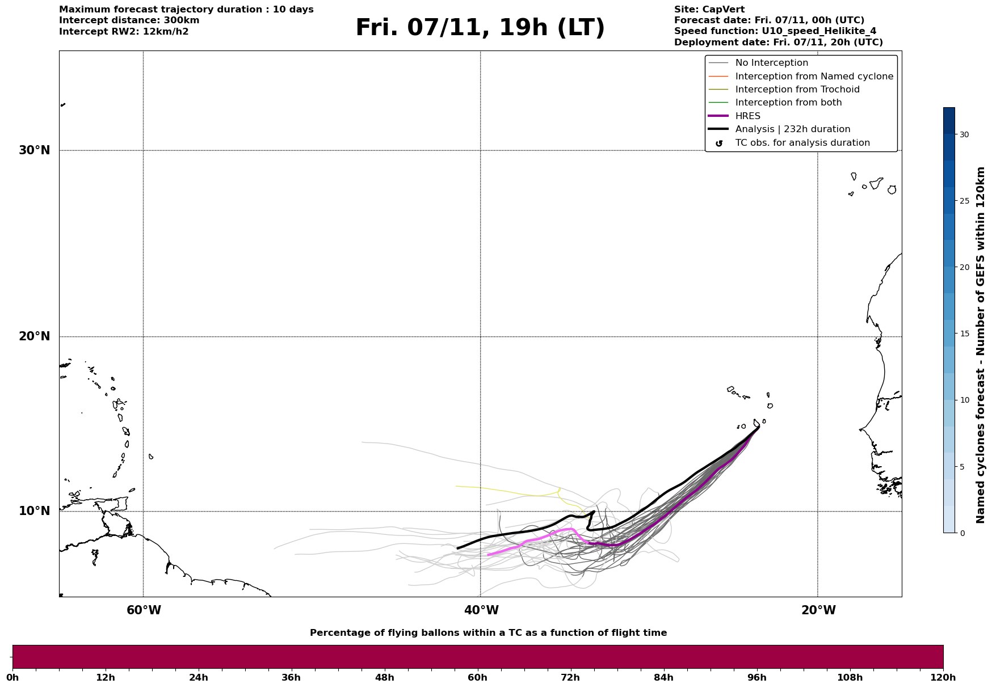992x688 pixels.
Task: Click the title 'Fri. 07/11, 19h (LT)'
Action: point(480,28)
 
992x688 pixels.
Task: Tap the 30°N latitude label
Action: point(35,150)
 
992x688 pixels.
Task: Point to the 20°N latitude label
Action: point(35,336)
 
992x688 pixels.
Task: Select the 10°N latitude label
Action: point(35,511)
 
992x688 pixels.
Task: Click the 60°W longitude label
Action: point(144,610)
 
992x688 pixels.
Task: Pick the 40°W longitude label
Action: point(481,610)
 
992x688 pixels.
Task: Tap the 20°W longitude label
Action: point(818,610)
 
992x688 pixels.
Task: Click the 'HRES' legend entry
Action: point(747,116)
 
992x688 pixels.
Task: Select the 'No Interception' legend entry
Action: point(771,63)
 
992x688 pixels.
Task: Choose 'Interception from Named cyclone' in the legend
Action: point(814,77)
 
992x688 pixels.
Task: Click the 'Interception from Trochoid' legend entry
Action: point(797,90)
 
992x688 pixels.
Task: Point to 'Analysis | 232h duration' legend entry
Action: point(792,129)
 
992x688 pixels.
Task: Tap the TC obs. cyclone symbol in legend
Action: point(719,143)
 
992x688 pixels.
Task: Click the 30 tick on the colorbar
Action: point(964,134)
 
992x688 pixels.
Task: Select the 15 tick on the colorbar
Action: point(964,334)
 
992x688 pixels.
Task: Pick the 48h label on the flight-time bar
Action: point(384,678)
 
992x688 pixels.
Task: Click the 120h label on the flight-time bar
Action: point(943,678)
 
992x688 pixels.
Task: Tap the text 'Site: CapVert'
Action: point(709,10)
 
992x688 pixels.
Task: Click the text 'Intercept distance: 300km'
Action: point(129,20)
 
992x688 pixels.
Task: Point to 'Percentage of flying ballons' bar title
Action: point(488,633)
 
